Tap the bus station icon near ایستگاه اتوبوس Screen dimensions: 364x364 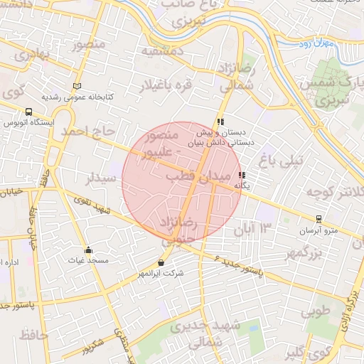click(28, 112)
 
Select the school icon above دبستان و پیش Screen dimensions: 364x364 click(221, 122)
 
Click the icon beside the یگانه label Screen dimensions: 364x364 click(242, 175)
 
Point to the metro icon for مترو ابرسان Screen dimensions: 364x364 click(320, 219)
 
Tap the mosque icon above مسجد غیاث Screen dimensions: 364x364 click(88, 250)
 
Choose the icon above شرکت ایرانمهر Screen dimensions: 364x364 click(162, 262)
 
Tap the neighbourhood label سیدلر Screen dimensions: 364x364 click(100, 179)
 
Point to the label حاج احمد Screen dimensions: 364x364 click(88, 132)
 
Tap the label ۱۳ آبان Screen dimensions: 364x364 click(257, 229)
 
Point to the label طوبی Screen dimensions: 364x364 click(316, 312)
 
